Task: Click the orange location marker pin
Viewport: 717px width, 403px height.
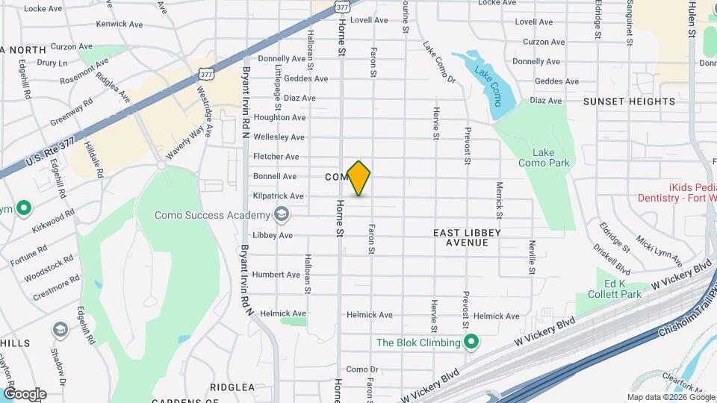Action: pos(359,178)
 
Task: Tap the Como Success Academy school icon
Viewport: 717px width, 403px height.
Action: pos(282,216)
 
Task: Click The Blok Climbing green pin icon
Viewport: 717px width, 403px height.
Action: pos(471,343)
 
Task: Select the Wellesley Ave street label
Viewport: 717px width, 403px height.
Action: pos(279,137)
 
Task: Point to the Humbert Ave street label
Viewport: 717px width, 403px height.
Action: pos(276,275)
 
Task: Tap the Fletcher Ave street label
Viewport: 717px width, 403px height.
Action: pos(276,157)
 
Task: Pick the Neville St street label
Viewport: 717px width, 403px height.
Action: pos(533,257)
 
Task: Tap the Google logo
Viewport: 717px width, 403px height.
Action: pos(25,394)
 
